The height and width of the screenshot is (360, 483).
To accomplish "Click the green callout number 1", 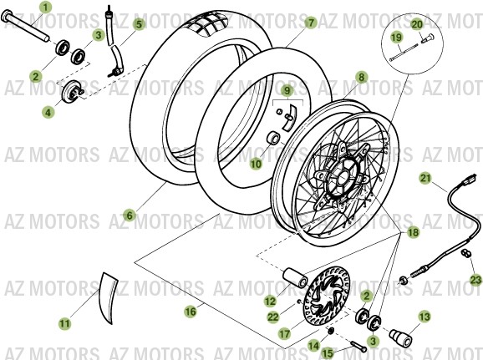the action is pos(45,7).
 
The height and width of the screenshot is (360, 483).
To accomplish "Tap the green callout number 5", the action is pos(140,24).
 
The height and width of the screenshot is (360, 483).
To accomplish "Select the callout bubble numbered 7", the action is pos(311,23).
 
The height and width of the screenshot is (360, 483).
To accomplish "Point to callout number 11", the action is pos(64,323).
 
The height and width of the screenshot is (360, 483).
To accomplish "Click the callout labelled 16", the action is pos(191,312).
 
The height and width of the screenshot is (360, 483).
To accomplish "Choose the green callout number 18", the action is pos(413,232).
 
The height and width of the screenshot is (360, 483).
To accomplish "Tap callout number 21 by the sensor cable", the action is pos(425,178).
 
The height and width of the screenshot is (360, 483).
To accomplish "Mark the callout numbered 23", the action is pos(475,280).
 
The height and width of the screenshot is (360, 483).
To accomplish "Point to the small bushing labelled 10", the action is pos(274,138).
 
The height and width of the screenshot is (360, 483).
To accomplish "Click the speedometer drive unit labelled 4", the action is pos(73,91).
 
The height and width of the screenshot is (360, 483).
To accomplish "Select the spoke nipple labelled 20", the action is pos(427,39).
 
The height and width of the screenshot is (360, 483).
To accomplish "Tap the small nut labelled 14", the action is pos(330,331).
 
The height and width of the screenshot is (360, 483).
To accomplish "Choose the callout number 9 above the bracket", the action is pos(287,90).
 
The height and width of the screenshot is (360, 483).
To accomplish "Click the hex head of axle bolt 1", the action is pos(6,15).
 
